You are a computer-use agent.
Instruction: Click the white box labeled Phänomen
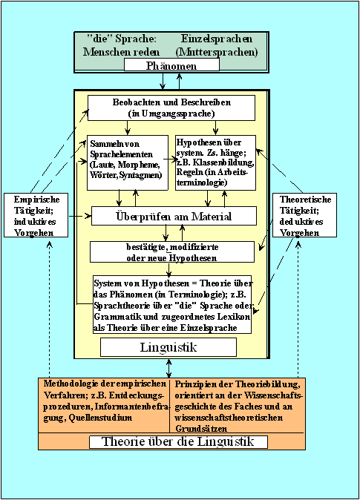pyautogui.click(x=171, y=65)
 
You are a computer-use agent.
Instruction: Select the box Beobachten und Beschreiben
pyautogui.click(x=171, y=108)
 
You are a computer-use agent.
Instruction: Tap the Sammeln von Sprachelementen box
pyautogui.click(x=128, y=162)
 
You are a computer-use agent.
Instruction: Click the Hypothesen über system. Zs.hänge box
pyautogui.click(x=216, y=162)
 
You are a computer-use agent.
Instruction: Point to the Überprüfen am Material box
pyautogui.click(x=174, y=216)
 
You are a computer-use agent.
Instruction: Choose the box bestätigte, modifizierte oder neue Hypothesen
pyautogui.click(x=172, y=252)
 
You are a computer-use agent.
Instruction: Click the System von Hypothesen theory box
pyautogui.click(x=172, y=305)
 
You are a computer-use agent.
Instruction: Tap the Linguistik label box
pyautogui.click(x=168, y=347)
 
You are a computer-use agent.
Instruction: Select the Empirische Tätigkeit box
pyautogui.click(x=36, y=215)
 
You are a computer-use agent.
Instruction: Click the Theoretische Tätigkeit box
pyautogui.click(x=304, y=215)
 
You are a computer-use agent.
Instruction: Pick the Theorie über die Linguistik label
pyautogui.click(x=178, y=441)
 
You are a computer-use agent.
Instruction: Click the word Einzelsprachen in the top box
pyautogui.click(x=217, y=39)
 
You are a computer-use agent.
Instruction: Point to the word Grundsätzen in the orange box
pyautogui.click(x=201, y=428)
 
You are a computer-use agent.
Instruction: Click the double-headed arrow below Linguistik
pyautogui.click(x=168, y=368)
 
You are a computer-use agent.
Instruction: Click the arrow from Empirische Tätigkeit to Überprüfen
pyautogui.click(x=79, y=216)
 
